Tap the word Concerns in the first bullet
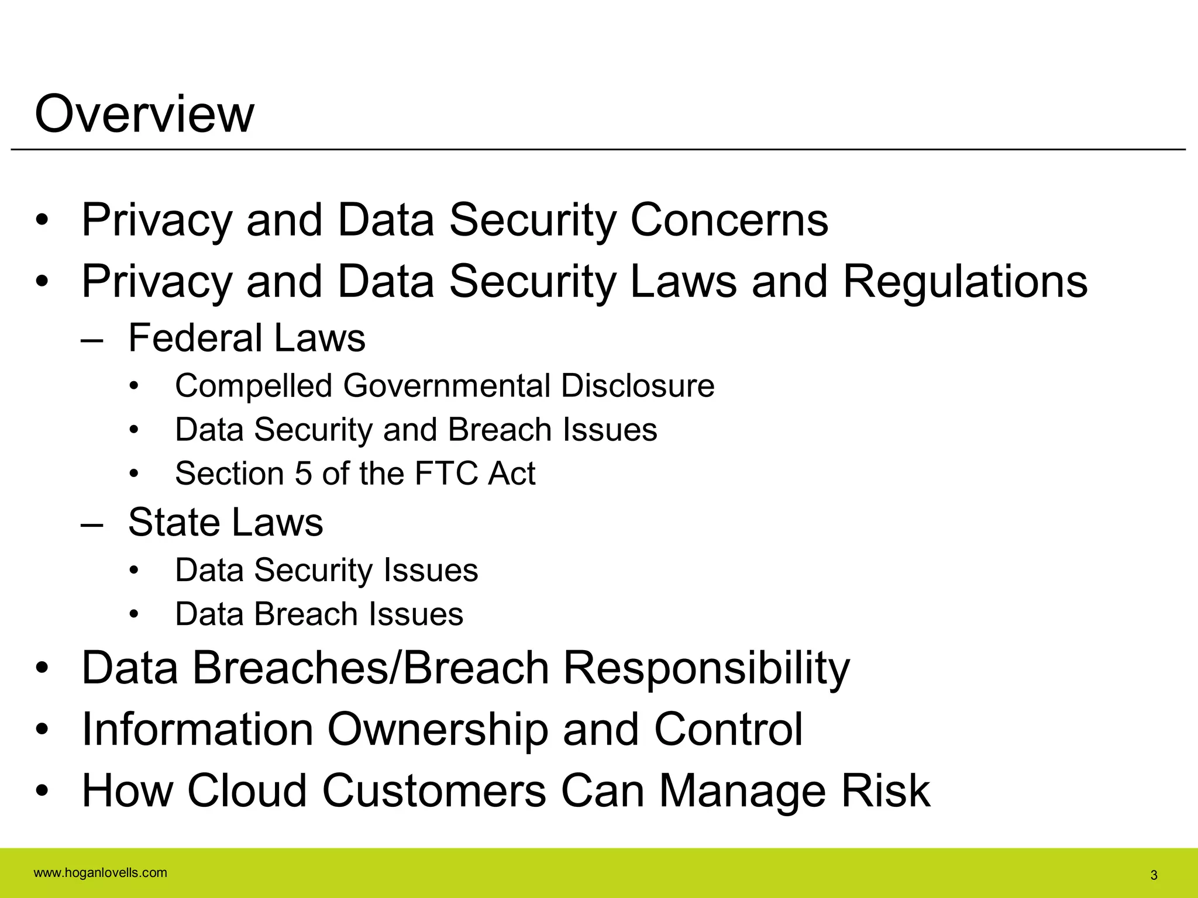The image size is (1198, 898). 729,220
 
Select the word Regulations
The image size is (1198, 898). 965,282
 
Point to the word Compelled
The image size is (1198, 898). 254,386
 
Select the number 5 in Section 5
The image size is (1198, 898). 303,474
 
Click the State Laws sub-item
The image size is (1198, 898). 225,522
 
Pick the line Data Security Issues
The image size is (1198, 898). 326,570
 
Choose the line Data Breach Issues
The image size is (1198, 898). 319,614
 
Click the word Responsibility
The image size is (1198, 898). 706,668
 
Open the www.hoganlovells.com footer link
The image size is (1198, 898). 101,873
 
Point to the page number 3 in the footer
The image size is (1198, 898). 1154,875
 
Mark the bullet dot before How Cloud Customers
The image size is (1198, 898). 42,792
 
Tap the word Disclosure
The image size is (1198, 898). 638,386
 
